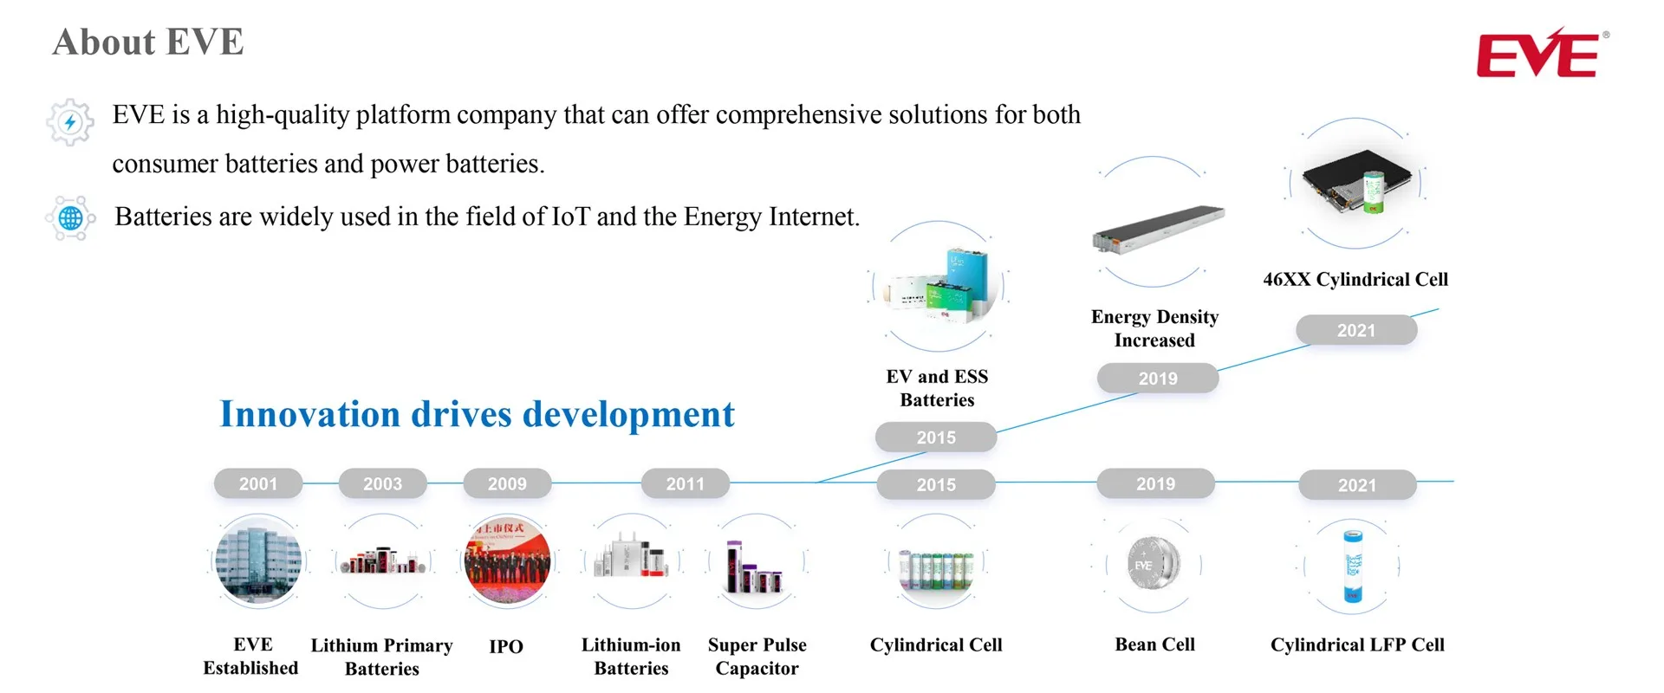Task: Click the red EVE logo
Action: [x=1538, y=54]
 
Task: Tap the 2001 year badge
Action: [x=258, y=483]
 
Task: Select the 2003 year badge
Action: [x=382, y=483]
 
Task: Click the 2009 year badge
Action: [x=507, y=483]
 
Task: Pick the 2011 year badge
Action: [x=685, y=483]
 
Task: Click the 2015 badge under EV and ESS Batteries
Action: [x=936, y=437]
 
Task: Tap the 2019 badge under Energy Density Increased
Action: [x=1158, y=379]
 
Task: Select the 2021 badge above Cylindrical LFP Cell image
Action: [x=1356, y=485]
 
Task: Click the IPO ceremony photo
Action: [x=507, y=561]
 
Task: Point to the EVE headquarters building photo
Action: [x=258, y=561]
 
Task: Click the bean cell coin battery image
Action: [x=1154, y=564]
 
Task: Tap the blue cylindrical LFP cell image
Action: [x=1352, y=566]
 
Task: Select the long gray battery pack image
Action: [x=1158, y=230]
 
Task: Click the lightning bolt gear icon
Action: [x=70, y=122]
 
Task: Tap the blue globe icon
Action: [x=70, y=218]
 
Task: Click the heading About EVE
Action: [x=148, y=42]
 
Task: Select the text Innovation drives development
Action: [x=477, y=414]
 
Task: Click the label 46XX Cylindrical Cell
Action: [x=1355, y=279]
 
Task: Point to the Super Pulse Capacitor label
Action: [x=757, y=657]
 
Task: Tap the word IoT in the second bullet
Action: [x=570, y=217]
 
